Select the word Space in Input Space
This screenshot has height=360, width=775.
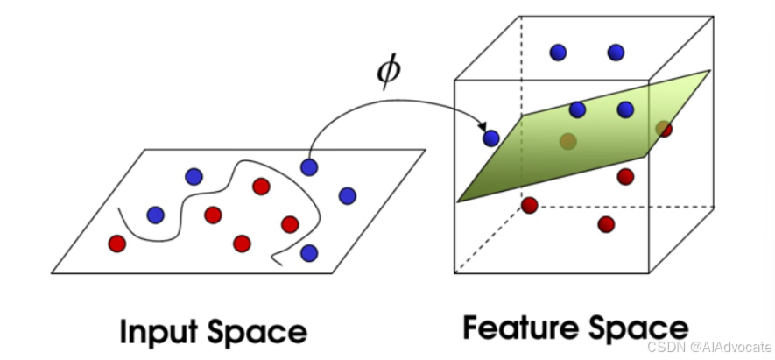[259, 333]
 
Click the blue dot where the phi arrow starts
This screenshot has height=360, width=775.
[308, 166]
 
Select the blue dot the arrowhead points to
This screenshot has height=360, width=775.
[491, 138]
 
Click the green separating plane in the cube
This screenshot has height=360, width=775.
[560, 158]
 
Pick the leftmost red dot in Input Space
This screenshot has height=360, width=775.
[116, 243]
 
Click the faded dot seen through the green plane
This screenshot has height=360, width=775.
[567, 141]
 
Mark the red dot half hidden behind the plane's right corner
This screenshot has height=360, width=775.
[665, 130]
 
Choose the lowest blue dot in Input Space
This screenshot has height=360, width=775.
[308, 253]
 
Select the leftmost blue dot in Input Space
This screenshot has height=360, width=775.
[156, 215]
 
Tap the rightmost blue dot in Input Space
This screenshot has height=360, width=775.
[347, 195]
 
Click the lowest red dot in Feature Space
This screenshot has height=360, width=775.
[606, 224]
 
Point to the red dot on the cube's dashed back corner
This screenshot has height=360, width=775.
[529, 205]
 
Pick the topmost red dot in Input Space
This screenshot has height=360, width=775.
[260, 186]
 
